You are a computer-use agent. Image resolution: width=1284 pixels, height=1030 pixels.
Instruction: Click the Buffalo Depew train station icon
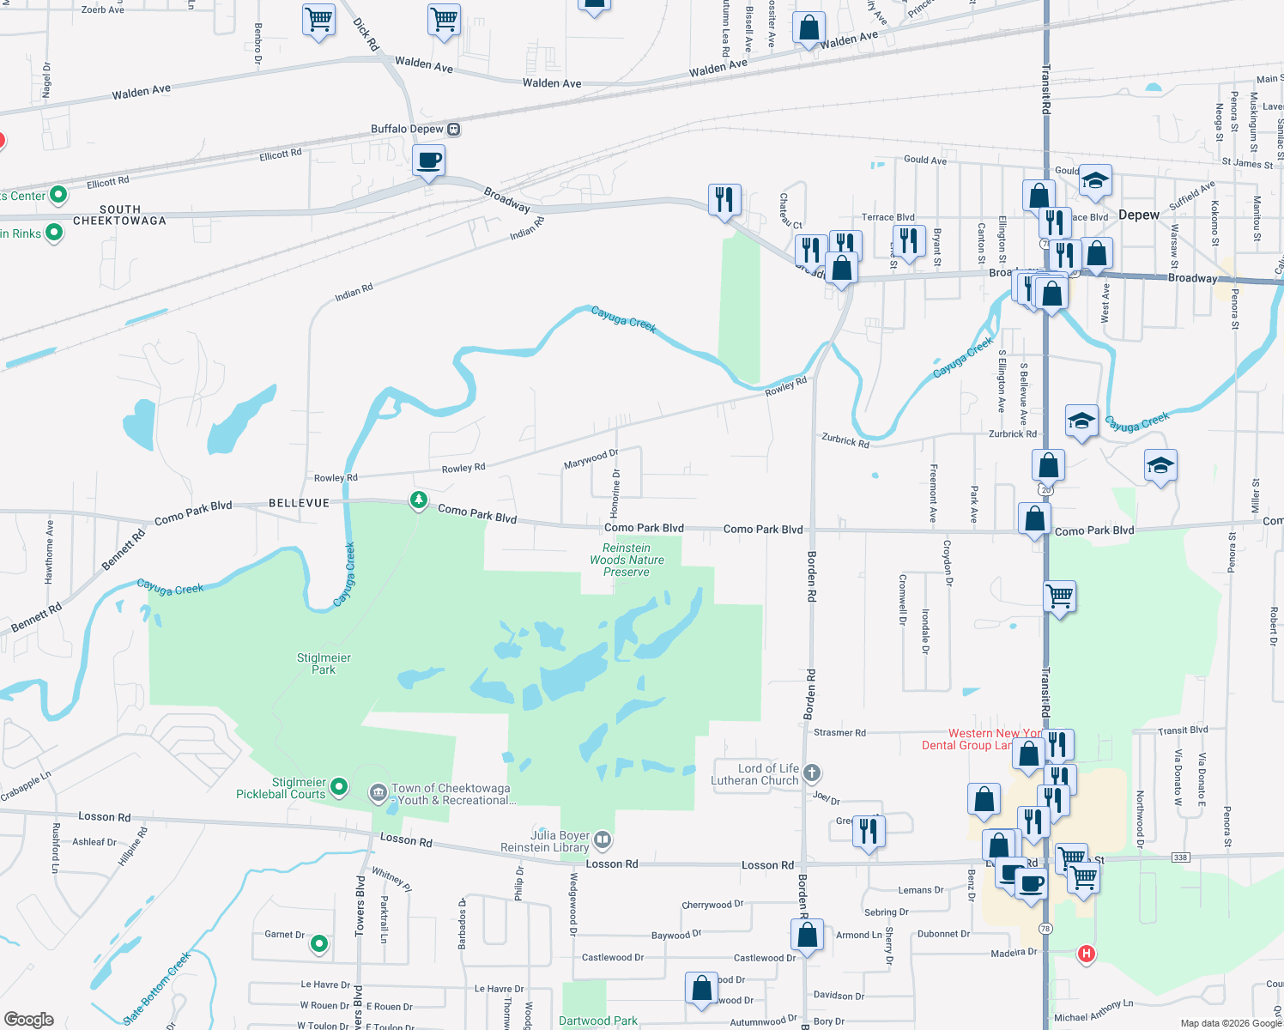(454, 130)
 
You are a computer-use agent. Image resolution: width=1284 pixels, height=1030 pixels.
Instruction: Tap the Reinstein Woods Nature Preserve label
(627, 560)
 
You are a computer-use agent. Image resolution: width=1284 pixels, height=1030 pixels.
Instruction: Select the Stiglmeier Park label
(324, 663)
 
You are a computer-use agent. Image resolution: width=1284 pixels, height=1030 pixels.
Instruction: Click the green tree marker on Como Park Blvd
(418, 500)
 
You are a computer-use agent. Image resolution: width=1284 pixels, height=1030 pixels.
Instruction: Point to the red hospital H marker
(1086, 954)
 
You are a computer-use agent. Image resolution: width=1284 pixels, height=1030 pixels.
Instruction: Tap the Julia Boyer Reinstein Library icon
(602, 839)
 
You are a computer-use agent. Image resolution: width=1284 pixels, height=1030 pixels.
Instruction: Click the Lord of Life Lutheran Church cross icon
(812, 773)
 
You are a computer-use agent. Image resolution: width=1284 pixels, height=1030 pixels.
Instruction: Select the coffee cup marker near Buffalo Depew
(428, 161)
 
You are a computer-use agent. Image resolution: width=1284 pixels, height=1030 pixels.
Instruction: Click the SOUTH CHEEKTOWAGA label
(119, 215)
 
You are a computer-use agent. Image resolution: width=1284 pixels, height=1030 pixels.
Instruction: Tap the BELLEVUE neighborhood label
(299, 503)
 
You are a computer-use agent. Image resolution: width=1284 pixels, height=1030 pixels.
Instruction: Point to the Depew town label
(1139, 215)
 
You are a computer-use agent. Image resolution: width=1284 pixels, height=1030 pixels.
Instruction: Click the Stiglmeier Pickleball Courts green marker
(339, 785)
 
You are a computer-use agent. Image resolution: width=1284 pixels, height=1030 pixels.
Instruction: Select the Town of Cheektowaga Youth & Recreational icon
(379, 792)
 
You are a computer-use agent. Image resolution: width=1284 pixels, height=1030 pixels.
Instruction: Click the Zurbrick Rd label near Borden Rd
(845, 440)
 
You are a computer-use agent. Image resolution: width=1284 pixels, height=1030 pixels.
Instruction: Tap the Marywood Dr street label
(591, 459)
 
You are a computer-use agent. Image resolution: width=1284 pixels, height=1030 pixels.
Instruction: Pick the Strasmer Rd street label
(839, 732)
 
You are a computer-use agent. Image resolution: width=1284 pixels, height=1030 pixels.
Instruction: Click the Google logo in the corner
(28, 1020)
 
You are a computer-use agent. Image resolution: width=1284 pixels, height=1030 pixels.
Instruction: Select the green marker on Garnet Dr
(319, 944)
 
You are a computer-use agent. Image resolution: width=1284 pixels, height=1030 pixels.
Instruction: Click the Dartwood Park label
(598, 1021)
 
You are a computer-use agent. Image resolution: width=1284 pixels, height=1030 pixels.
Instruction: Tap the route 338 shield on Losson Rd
(1181, 857)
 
